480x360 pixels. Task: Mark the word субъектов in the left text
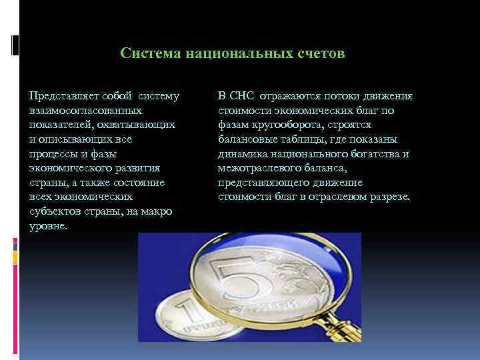click(51, 211)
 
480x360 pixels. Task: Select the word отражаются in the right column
click(291, 96)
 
